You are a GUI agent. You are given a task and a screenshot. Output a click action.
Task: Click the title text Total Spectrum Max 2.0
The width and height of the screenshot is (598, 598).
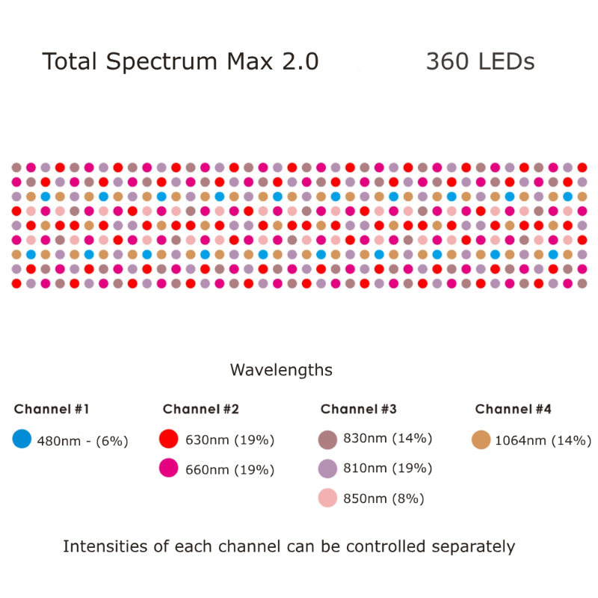180,61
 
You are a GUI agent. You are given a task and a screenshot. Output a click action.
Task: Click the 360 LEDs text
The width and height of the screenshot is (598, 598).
480,61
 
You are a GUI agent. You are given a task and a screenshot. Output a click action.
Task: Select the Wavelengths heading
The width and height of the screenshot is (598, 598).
281,370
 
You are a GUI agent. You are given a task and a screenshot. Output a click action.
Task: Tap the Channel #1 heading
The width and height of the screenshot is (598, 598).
52,409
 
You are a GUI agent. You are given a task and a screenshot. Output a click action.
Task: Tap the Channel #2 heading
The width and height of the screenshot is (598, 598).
200,409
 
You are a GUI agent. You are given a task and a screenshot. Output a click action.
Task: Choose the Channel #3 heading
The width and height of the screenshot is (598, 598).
358,409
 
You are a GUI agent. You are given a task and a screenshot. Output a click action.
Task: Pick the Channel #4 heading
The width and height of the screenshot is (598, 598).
513,409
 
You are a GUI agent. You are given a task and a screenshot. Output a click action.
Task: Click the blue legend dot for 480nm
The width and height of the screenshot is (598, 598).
22,440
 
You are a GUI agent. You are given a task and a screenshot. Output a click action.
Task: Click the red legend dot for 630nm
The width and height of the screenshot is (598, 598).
169,440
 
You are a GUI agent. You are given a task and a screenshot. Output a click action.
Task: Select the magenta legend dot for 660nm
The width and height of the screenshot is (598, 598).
169,469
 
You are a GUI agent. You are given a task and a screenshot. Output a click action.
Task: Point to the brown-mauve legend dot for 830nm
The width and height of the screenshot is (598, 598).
327,440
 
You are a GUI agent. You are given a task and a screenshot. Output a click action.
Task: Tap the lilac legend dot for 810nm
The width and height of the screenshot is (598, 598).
327,469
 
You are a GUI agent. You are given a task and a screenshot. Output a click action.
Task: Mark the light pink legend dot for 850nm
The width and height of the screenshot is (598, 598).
327,498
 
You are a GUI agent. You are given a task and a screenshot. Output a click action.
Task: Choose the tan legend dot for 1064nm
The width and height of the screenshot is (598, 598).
481,440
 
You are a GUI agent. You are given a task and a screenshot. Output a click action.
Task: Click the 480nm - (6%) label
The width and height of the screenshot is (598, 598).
82,441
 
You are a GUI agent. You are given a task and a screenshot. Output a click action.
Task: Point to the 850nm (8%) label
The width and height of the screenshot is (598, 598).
383,499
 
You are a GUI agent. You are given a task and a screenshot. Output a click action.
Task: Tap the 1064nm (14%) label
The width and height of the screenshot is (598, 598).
543,440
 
